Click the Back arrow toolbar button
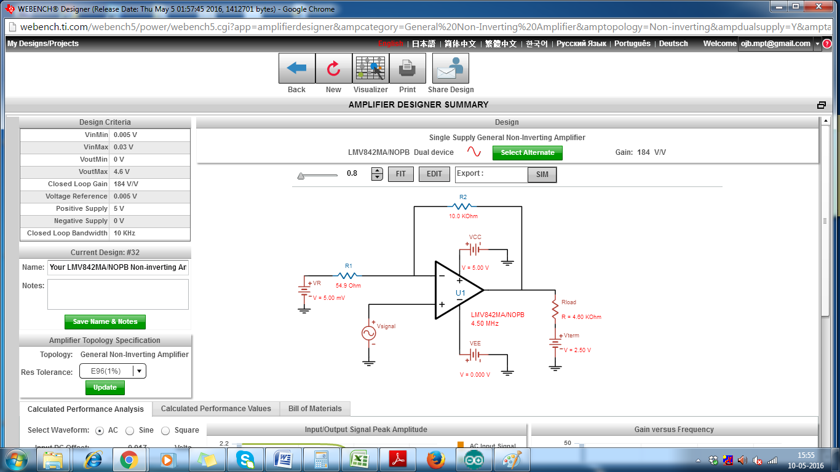point(297,68)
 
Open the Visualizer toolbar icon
point(371,68)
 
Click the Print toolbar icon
point(407,68)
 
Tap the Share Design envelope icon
point(451,68)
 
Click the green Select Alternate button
point(527,152)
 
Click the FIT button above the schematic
point(400,174)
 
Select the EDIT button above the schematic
point(434,174)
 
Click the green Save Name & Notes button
point(105,321)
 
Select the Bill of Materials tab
point(315,409)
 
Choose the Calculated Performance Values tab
point(216,409)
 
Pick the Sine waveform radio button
point(130,431)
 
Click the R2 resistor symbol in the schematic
point(463,207)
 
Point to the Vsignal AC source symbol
point(368,332)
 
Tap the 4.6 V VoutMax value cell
point(151,171)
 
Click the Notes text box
point(117,294)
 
